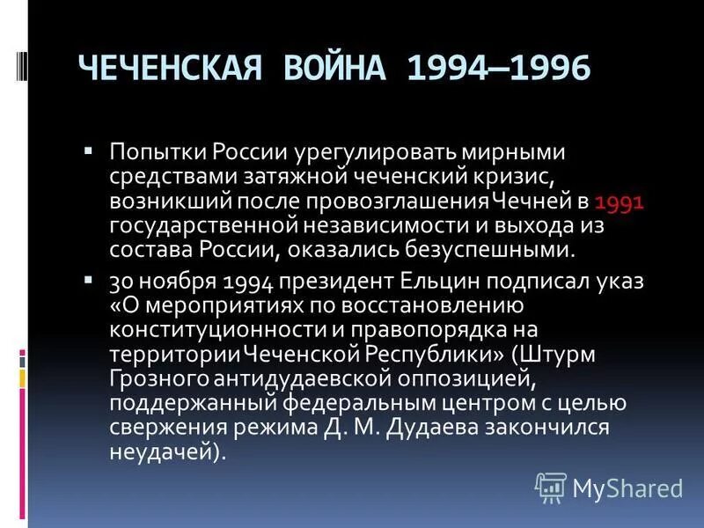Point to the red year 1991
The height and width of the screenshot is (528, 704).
620,202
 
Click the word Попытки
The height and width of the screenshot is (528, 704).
155,151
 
